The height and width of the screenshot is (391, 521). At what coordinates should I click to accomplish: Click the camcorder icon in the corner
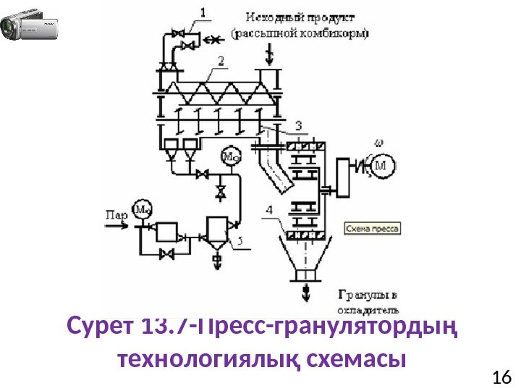coord(30,26)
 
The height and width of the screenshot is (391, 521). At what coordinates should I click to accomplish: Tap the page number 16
coord(501,377)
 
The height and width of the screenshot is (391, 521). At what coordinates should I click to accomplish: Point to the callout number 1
coord(203,12)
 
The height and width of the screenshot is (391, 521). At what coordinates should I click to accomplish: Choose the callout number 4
coord(268,210)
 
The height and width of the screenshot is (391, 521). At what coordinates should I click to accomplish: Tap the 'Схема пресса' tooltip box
coord(372,227)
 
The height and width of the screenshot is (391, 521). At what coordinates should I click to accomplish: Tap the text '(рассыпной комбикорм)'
coord(299,33)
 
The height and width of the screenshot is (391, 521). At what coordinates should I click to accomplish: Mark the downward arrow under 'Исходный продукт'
coord(270,54)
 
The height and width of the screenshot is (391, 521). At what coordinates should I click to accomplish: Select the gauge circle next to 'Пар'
coord(143,211)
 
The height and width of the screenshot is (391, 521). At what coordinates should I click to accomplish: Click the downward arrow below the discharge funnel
coord(307,292)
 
